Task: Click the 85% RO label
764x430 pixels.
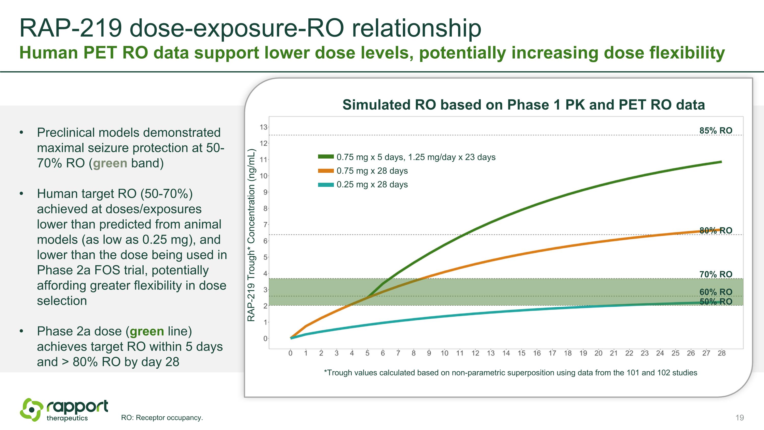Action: point(716,131)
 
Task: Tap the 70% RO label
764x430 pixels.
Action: point(716,274)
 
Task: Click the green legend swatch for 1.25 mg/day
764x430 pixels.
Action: point(326,157)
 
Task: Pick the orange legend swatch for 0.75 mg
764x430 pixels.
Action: point(326,171)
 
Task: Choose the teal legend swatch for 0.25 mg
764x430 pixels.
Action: point(326,185)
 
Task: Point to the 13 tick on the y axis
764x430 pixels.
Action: point(263,127)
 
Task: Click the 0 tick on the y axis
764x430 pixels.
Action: point(265,338)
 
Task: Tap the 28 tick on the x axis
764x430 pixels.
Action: point(721,353)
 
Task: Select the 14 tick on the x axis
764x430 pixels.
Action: point(506,353)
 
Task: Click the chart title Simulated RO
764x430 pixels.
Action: point(524,105)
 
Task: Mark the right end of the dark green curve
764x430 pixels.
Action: point(721,162)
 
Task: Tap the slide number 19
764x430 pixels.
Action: point(739,418)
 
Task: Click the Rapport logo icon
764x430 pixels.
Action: point(31,410)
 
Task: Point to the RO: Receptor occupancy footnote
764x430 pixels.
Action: point(162,418)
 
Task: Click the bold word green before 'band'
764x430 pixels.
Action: point(110,163)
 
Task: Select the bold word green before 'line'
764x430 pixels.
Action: point(147,331)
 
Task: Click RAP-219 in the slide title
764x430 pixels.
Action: point(71,28)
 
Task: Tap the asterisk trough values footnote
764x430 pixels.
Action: point(510,373)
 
